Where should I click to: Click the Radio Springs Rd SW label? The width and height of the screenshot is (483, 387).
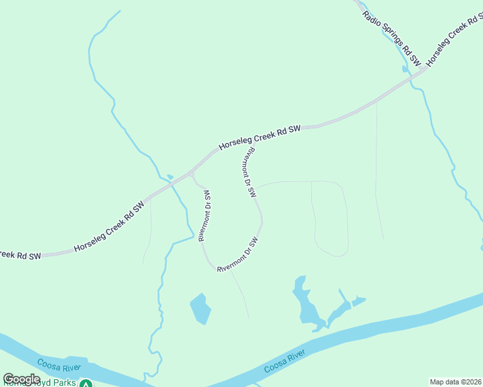pos(391,39)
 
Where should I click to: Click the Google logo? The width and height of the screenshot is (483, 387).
pos(21,379)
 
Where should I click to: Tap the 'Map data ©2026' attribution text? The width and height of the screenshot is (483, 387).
pos(455,382)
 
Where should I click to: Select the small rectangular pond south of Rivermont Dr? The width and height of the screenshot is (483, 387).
pos(201,309)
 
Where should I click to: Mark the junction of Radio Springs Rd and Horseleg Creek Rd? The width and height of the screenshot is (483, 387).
pos(424,69)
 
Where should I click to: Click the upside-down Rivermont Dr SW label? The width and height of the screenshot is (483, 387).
pos(206,215)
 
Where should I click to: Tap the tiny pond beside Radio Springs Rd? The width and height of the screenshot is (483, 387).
pos(405,68)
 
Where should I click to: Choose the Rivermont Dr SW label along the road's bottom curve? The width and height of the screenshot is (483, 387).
pos(238,254)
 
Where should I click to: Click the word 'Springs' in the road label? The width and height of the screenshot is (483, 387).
pos(391,37)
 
